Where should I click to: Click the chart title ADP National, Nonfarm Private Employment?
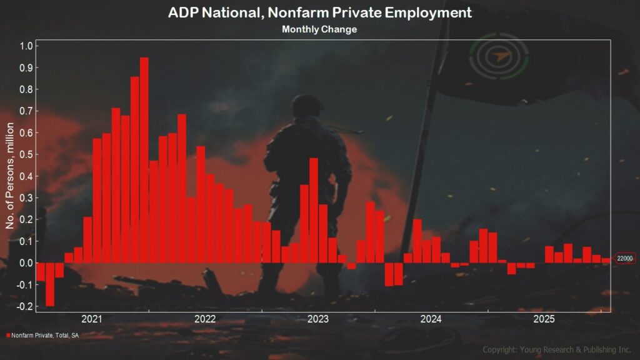[x=319, y=12]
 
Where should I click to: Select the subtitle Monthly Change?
[x=319, y=29]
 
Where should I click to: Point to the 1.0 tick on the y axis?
[x=26, y=46]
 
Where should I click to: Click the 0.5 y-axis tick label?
[x=26, y=154]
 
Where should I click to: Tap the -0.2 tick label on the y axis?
[x=24, y=306]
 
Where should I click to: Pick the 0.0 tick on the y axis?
[x=26, y=263]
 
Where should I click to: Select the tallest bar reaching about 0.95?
[x=144, y=160]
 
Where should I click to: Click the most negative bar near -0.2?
[x=50, y=284]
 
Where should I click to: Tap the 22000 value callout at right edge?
[x=624, y=259]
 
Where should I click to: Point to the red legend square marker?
[x=8, y=336]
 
